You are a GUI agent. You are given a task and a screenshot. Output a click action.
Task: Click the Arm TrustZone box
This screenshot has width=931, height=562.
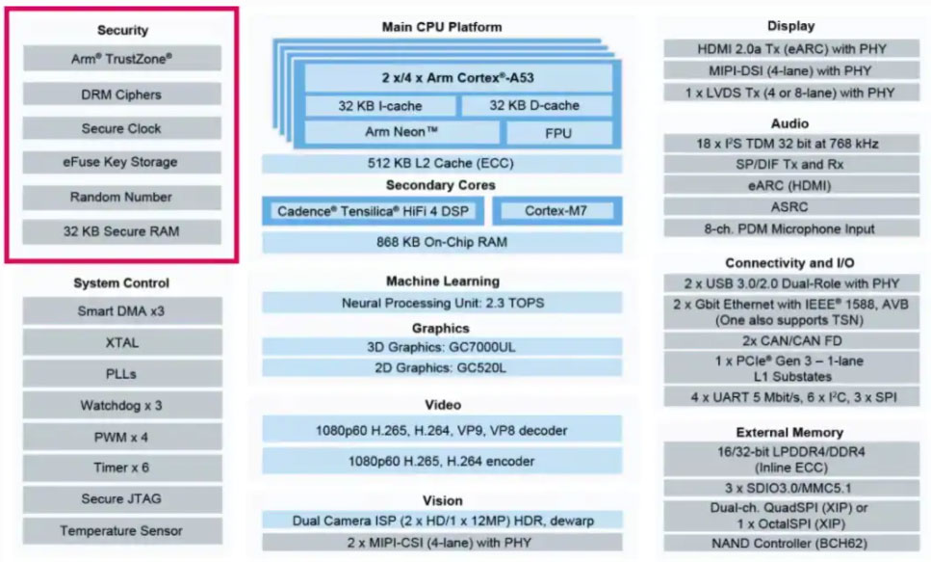(x=122, y=59)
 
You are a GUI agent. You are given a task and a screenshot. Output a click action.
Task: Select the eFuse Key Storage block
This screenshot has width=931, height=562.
(x=122, y=162)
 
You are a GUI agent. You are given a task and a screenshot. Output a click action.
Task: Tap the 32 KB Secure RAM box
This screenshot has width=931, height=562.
(x=122, y=231)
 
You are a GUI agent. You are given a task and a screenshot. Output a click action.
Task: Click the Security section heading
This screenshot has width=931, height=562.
(x=122, y=31)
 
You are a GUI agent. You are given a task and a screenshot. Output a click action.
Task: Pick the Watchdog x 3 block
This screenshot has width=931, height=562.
(x=122, y=406)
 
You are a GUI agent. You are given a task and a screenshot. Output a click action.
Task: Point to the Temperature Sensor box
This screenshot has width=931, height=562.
(x=122, y=531)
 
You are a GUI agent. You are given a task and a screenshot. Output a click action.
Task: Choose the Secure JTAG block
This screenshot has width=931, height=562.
(x=122, y=499)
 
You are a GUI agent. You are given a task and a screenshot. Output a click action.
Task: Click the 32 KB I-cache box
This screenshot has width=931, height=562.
(x=379, y=106)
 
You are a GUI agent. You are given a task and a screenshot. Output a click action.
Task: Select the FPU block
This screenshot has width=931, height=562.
(x=558, y=132)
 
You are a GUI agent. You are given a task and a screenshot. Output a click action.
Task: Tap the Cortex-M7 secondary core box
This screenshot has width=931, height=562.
(x=557, y=211)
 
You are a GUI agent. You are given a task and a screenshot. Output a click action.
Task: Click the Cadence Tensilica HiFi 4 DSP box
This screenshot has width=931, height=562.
(x=373, y=211)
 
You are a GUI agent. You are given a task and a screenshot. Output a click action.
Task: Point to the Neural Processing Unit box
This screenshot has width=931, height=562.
(x=442, y=303)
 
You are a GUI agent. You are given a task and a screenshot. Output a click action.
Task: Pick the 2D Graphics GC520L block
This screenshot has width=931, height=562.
(x=442, y=367)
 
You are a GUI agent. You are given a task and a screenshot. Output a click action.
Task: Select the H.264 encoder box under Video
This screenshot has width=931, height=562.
(x=442, y=461)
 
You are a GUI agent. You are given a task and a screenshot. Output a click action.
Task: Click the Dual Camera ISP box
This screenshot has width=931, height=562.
(x=442, y=521)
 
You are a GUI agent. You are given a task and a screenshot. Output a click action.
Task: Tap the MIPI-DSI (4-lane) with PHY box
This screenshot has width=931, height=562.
(x=790, y=70)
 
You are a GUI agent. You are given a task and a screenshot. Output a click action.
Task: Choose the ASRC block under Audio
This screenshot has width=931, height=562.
(x=790, y=206)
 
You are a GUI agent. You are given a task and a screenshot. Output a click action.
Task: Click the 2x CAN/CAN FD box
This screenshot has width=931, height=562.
(x=790, y=340)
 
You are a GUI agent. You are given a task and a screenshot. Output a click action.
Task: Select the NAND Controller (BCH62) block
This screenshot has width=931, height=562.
(x=790, y=544)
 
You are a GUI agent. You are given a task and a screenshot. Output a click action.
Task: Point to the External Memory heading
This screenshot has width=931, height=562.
(x=790, y=433)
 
